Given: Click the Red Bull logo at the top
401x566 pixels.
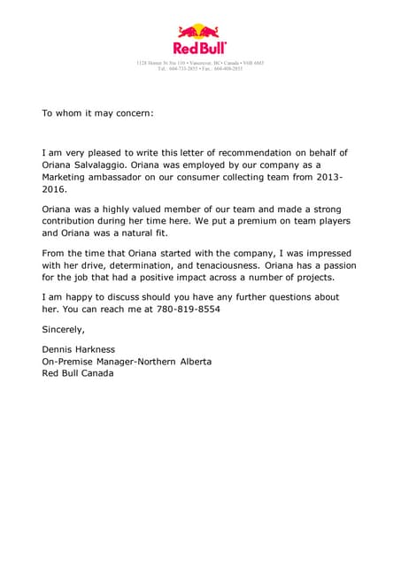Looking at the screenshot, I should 199,40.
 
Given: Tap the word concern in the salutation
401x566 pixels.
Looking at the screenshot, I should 132,113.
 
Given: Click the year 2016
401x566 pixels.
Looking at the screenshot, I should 54,189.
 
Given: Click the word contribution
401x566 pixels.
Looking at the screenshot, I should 73,221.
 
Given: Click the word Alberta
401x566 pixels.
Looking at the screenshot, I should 193,361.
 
